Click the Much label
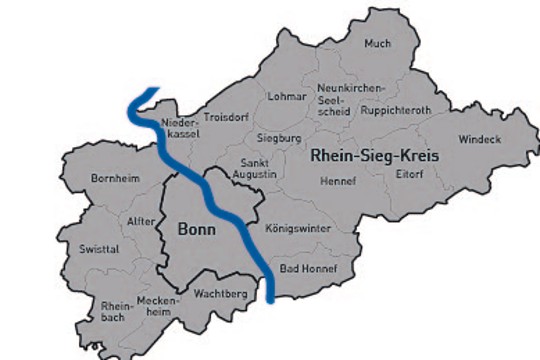point(377,44)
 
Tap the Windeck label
point(479,139)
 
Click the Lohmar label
point(285,96)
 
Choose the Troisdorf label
point(224,117)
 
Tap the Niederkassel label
point(180,128)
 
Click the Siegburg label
point(280,136)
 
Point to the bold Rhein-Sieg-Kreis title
point(375,157)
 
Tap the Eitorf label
point(411,174)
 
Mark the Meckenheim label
point(157,304)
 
